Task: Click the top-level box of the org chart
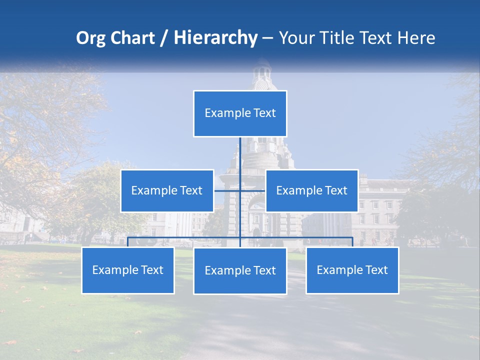click(240, 113)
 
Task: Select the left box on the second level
click(167, 190)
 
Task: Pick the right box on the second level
click(311, 190)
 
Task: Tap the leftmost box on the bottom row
click(128, 270)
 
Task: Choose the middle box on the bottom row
click(240, 270)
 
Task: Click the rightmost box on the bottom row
click(352, 270)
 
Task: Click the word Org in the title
click(90, 38)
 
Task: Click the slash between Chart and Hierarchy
click(164, 38)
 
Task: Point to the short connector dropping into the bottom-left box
click(128, 242)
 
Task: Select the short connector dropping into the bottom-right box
click(352, 242)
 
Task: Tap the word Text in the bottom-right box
click(376, 270)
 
